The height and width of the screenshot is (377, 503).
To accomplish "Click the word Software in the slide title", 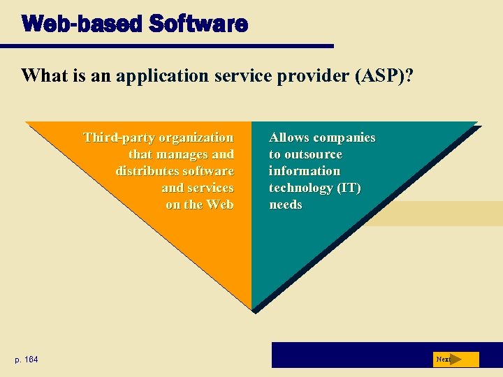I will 198,24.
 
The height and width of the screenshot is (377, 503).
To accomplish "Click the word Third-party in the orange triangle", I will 119,138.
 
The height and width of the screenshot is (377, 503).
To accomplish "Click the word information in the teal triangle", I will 305,171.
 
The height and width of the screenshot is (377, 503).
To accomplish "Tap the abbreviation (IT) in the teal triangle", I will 347,188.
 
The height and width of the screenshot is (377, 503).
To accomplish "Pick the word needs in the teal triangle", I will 286,205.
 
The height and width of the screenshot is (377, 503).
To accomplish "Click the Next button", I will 456,360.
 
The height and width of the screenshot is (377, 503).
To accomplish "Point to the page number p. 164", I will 27,360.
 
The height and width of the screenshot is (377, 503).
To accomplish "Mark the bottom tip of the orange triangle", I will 251,307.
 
